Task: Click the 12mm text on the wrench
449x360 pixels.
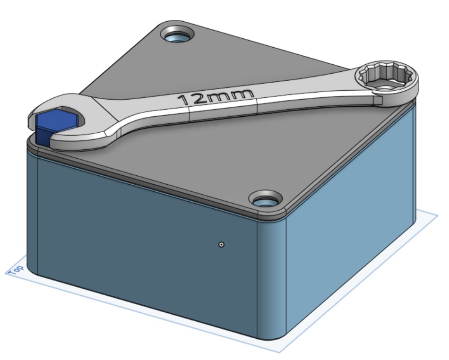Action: click(212, 97)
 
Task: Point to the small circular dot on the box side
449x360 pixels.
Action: click(221, 244)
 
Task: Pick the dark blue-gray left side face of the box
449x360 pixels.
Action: click(142, 236)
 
